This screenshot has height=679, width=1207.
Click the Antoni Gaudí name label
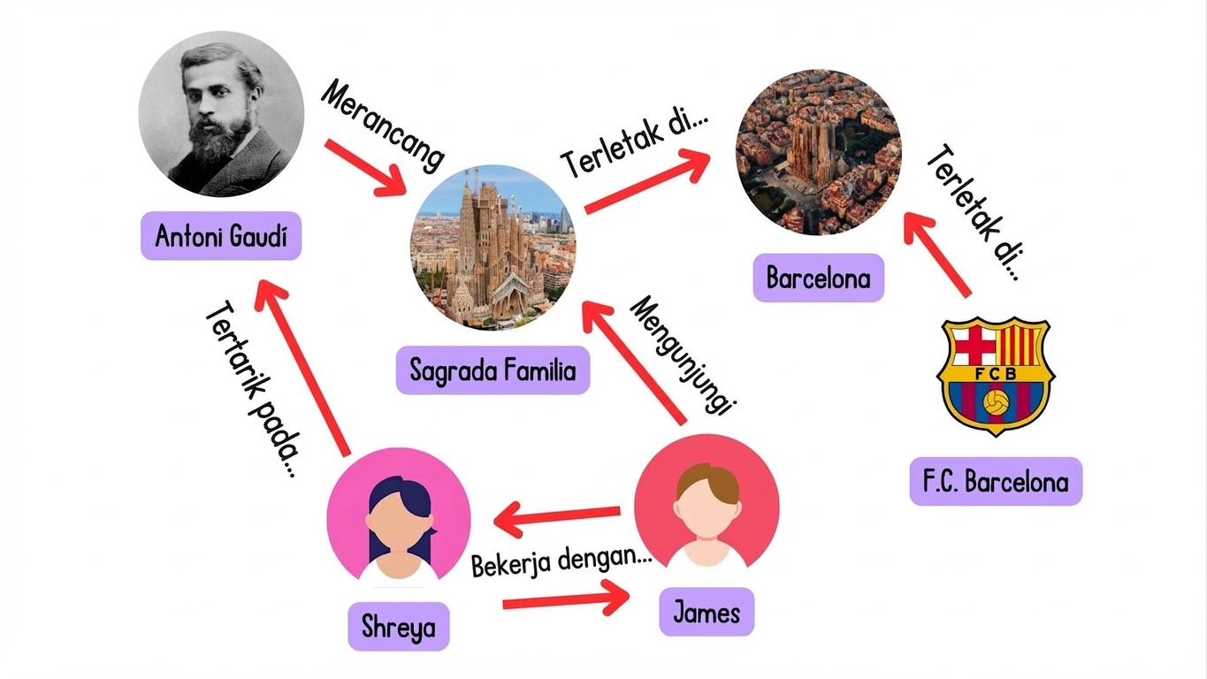click(x=221, y=236)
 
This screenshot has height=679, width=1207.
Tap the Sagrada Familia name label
click(x=493, y=370)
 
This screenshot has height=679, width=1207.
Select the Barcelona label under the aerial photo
click(x=819, y=278)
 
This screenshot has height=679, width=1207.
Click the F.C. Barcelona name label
click(x=996, y=481)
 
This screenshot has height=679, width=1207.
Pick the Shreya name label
click(x=399, y=626)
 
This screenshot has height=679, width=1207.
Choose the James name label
click(x=707, y=612)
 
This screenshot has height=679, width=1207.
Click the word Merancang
click(x=383, y=126)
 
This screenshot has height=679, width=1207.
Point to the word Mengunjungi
click(x=683, y=355)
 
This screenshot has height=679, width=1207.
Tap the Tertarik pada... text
click(x=252, y=389)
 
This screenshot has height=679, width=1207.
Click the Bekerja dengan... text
click(x=561, y=562)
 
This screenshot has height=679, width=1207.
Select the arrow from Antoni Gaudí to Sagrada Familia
click(x=365, y=168)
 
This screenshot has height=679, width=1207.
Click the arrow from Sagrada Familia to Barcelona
click(x=647, y=181)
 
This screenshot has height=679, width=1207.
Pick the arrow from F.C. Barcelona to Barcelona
click(x=937, y=254)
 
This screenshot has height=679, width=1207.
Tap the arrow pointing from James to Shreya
click(x=556, y=518)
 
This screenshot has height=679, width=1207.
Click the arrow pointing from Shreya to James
click(x=566, y=599)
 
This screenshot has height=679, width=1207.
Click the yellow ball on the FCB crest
click(x=997, y=402)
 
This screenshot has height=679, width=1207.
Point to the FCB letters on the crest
click(x=996, y=373)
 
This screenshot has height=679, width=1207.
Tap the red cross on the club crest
click(x=974, y=344)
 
